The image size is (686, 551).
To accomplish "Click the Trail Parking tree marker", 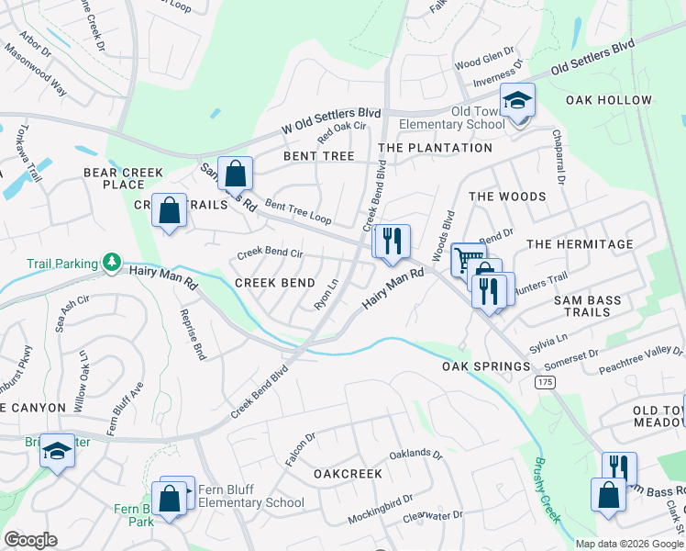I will [111, 264].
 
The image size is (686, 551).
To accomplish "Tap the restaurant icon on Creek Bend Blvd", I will [392, 242].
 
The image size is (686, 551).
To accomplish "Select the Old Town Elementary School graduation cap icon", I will [517, 100].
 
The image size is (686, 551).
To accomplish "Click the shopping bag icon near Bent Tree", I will [236, 173].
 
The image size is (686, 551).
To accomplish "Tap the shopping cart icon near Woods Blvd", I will [468, 260].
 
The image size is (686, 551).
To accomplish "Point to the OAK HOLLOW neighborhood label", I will [609, 100].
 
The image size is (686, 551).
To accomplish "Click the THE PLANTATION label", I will [435, 148].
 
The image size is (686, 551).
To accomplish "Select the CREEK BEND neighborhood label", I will [275, 283].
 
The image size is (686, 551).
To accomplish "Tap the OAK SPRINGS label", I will [486, 366].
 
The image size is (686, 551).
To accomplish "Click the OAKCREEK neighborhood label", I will [348, 474].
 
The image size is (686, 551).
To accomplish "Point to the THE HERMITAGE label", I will [580, 244].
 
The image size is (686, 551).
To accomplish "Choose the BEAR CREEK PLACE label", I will [123, 178].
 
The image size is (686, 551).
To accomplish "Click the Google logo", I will [30, 540].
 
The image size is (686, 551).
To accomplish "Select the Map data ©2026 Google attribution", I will [629, 544].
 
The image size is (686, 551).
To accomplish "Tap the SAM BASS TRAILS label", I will [587, 306].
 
